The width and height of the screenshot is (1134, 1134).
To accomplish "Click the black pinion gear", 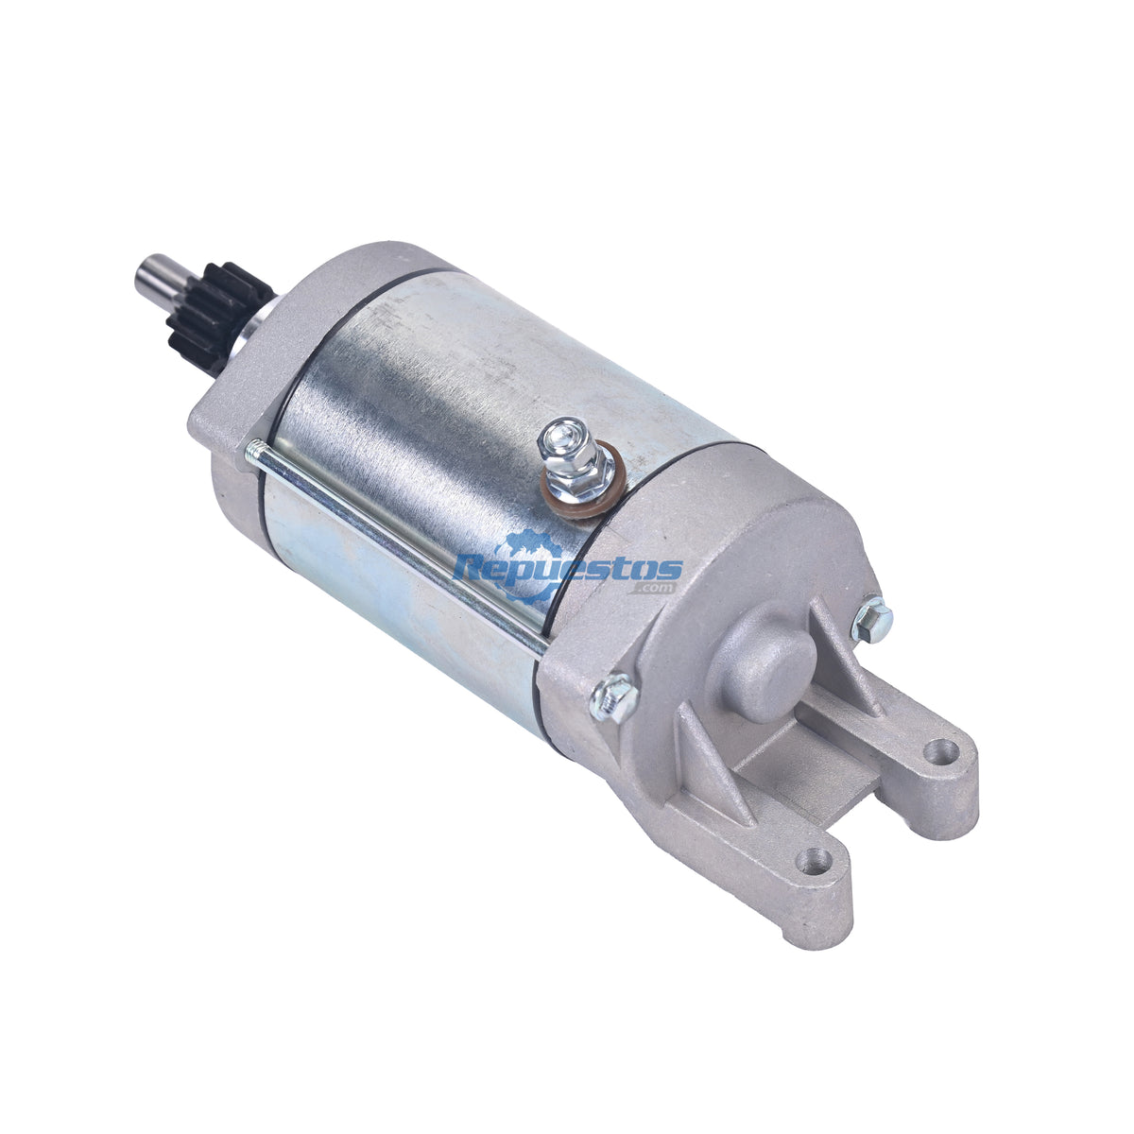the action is click(219, 318).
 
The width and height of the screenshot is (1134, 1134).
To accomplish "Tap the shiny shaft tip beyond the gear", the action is click(159, 278).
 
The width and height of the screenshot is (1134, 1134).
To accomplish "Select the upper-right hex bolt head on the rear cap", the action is click(871, 618).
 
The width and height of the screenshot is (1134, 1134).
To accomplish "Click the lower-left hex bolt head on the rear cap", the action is click(614, 698).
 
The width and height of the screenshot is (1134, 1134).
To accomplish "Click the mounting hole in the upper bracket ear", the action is click(942, 749).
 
